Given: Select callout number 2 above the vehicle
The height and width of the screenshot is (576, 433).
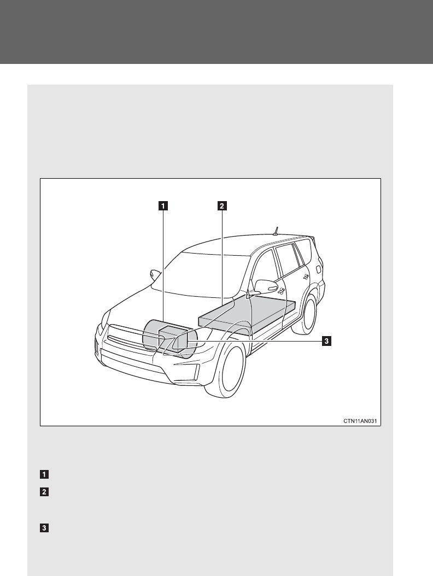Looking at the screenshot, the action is (221, 206).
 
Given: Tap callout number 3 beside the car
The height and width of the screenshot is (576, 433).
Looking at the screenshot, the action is (326, 342).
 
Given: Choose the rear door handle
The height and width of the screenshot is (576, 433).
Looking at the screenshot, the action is (306, 277).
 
